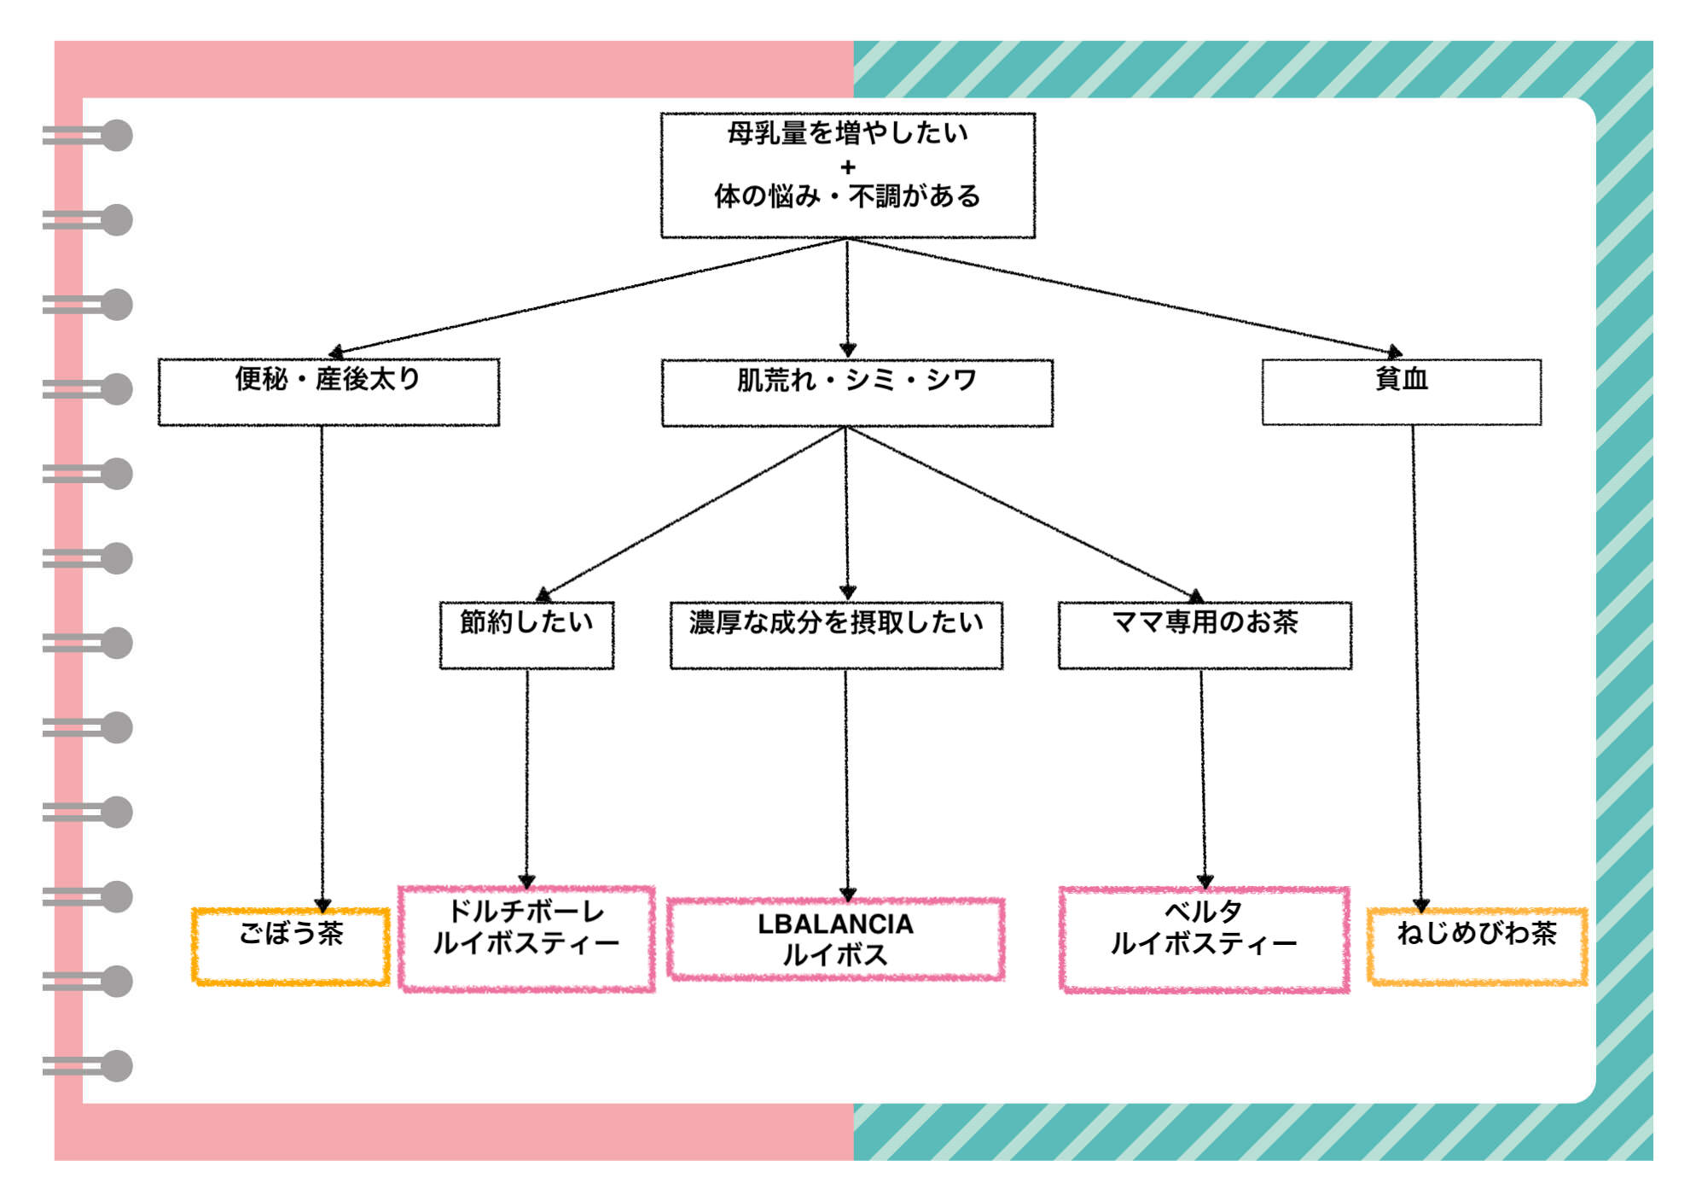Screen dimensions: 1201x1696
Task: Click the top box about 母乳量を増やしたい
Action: click(x=847, y=175)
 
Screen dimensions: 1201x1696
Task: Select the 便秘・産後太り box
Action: click(x=328, y=392)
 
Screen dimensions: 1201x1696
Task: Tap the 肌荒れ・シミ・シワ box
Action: click(x=857, y=393)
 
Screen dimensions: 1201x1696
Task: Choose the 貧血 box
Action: click(x=1401, y=392)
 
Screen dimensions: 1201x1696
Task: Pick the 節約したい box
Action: click(x=526, y=635)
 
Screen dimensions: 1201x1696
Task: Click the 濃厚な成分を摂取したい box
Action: click(x=836, y=635)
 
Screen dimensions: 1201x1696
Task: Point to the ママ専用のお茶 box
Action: click(x=1205, y=635)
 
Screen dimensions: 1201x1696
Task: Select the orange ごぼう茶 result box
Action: click(x=291, y=947)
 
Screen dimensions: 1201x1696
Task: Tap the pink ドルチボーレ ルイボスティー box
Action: click(x=526, y=938)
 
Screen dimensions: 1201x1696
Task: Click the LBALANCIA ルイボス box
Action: click(x=836, y=939)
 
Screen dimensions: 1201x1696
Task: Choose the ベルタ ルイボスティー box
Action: click(x=1204, y=939)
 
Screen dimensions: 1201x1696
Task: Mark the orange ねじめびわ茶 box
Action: click(x=1477, y=947)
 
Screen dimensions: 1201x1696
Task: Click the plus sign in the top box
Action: click(x=847, y=166)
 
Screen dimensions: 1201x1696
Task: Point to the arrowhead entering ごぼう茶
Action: click(x=322, y=906)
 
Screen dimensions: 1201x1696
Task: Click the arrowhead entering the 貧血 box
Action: click(x=1394, y=352)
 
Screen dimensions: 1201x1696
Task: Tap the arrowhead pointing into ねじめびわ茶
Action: click(x=1420, y=906)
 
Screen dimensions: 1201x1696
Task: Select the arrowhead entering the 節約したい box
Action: click(x=543, y=594)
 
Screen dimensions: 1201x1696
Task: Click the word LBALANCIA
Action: click(x=835, y=924)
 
